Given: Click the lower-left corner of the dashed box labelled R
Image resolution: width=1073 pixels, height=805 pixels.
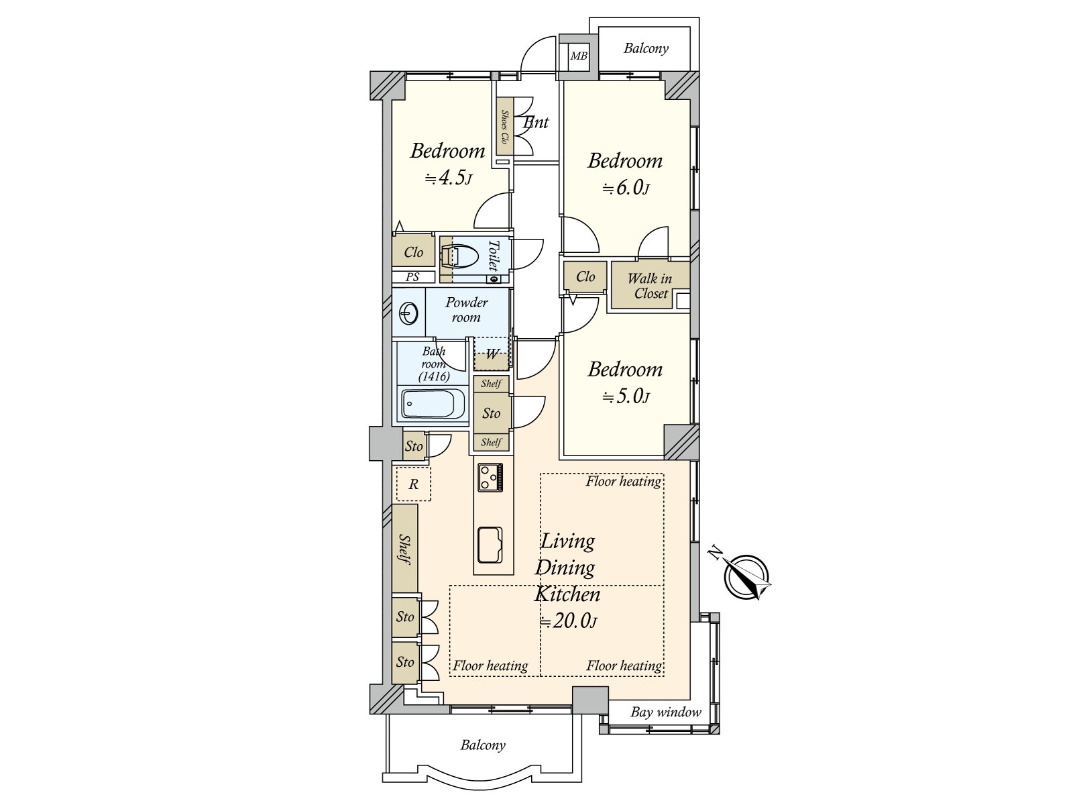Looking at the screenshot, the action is pyautogui.click(x=396, y=500).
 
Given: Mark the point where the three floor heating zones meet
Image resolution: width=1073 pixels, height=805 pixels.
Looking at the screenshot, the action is pyautogui.click(x=541, y=586).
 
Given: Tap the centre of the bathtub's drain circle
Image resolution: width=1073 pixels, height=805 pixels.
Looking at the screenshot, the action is pyautogui.click(x=410, y=404).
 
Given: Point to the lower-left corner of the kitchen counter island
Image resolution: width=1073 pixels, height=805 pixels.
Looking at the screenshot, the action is pyautogui.click(x=473, y=574).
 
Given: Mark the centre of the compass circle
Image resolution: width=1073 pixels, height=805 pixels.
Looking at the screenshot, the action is pyautogui.click(x=746, y=578).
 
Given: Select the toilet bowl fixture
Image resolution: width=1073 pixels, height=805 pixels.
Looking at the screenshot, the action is pyautogui.click(x=457, y=255).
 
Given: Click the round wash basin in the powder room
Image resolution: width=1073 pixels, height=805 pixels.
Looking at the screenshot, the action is pyautogui.click(x=408, y=313).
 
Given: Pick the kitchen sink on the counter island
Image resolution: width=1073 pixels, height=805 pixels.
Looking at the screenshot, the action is pyautogui.click(x=490, y=545).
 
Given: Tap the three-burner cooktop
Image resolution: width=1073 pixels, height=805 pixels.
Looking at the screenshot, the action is pyautogui.click(x=490, y=477).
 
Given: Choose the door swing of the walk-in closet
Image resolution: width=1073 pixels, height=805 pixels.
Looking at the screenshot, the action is pyautogui.click(x=653, y=243).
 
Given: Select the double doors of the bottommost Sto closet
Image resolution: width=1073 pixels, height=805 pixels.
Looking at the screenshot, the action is pyautogui.click(x=429, y=663).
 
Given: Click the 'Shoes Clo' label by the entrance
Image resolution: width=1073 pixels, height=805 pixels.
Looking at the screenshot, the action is pyautogui.click(x=504, y=127).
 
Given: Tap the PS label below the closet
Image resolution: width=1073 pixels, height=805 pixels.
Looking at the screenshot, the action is pyautogui.click(x=412, y=277).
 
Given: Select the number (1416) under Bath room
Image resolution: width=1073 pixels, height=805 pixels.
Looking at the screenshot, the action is pyautogui.click(x=434, y=376).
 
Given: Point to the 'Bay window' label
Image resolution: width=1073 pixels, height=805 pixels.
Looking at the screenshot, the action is pyautogui.click(x=666, y=712).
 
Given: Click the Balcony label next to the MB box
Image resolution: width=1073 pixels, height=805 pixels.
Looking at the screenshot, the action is pyautogui.click(x=646, y=48).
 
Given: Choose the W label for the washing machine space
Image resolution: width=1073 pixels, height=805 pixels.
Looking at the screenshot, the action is pyautogui.click(x=492, y=354).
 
